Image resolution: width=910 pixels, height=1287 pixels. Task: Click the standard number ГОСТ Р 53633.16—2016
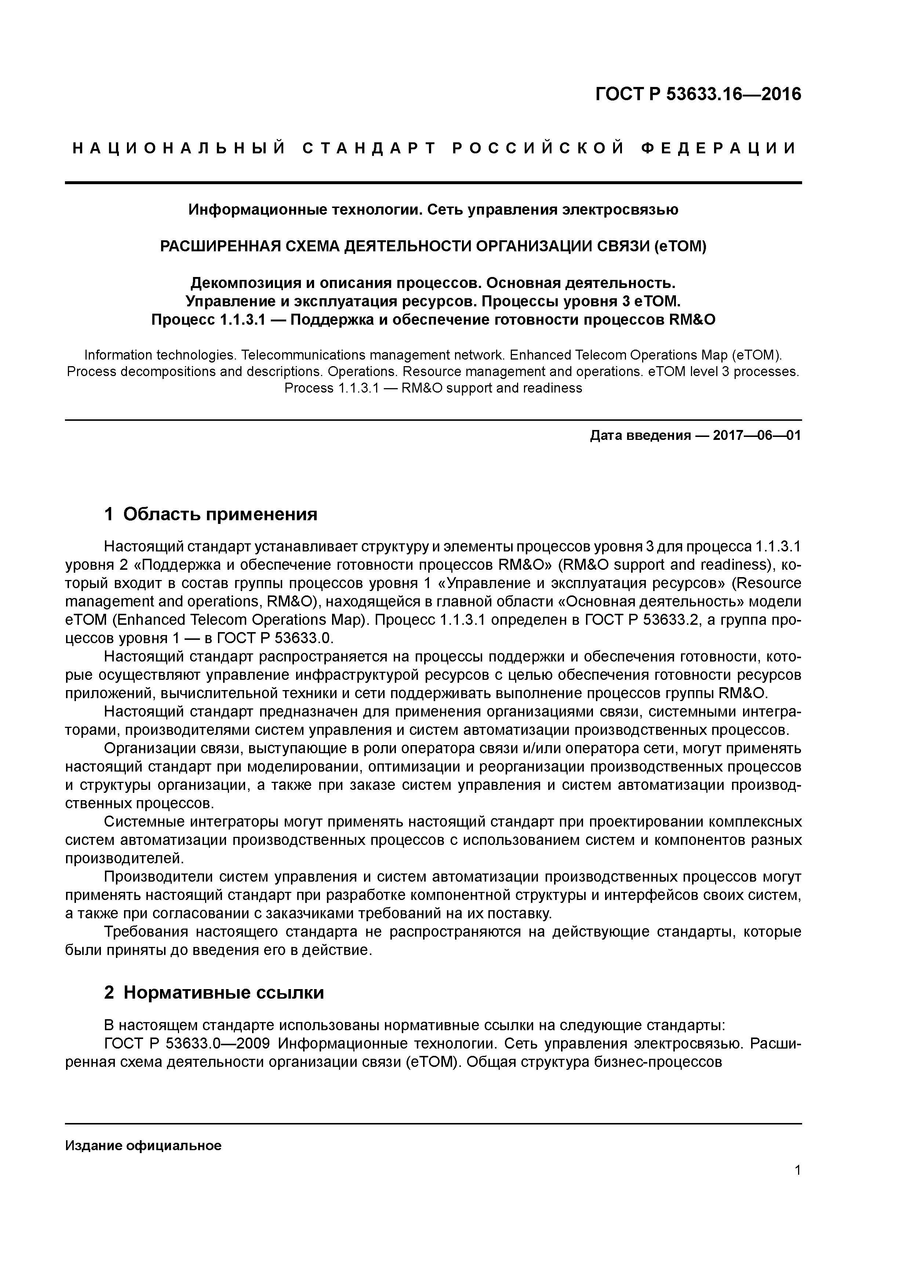coord(698,94)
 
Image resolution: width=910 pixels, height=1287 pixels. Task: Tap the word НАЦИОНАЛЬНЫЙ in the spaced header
coord(180,149)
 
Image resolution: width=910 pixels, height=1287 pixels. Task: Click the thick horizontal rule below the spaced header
coord(433,183)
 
